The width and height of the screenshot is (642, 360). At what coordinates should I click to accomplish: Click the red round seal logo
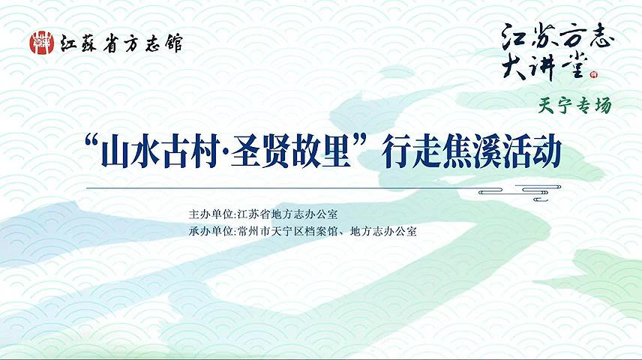pyautogui.click(x=42, y=43)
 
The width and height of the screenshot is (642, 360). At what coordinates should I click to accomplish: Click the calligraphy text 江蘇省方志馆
pyautogui.click(x=121, y=43)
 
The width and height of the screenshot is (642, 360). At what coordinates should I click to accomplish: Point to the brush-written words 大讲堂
pyautogui.click(x=545, y=67)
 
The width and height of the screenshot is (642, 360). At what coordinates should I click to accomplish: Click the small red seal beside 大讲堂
pyautogui.click(x=594, y=74)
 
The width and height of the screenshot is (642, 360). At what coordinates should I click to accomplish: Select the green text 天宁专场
pyautogui.click(x=574, y=106)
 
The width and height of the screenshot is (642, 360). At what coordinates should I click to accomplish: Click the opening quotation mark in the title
pyautogui.click(x=91, y=142)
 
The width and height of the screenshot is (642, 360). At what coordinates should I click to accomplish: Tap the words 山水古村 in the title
pyautogui.click(x=159, y=151)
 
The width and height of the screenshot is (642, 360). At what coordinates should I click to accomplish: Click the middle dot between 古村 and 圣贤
pyautogui.click(x=224, y=152)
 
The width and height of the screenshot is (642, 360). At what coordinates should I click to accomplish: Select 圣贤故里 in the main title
pyautogui.click(x=290, y=151)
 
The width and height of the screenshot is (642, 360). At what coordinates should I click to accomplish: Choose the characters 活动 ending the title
pyautogui.click(x=531, y=151)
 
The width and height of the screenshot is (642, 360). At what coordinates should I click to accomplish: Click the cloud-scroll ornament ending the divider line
pyautogui.click(x=520, y=193)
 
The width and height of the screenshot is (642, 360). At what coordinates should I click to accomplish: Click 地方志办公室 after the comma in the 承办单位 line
pyautogui.click(x=384, y=232)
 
